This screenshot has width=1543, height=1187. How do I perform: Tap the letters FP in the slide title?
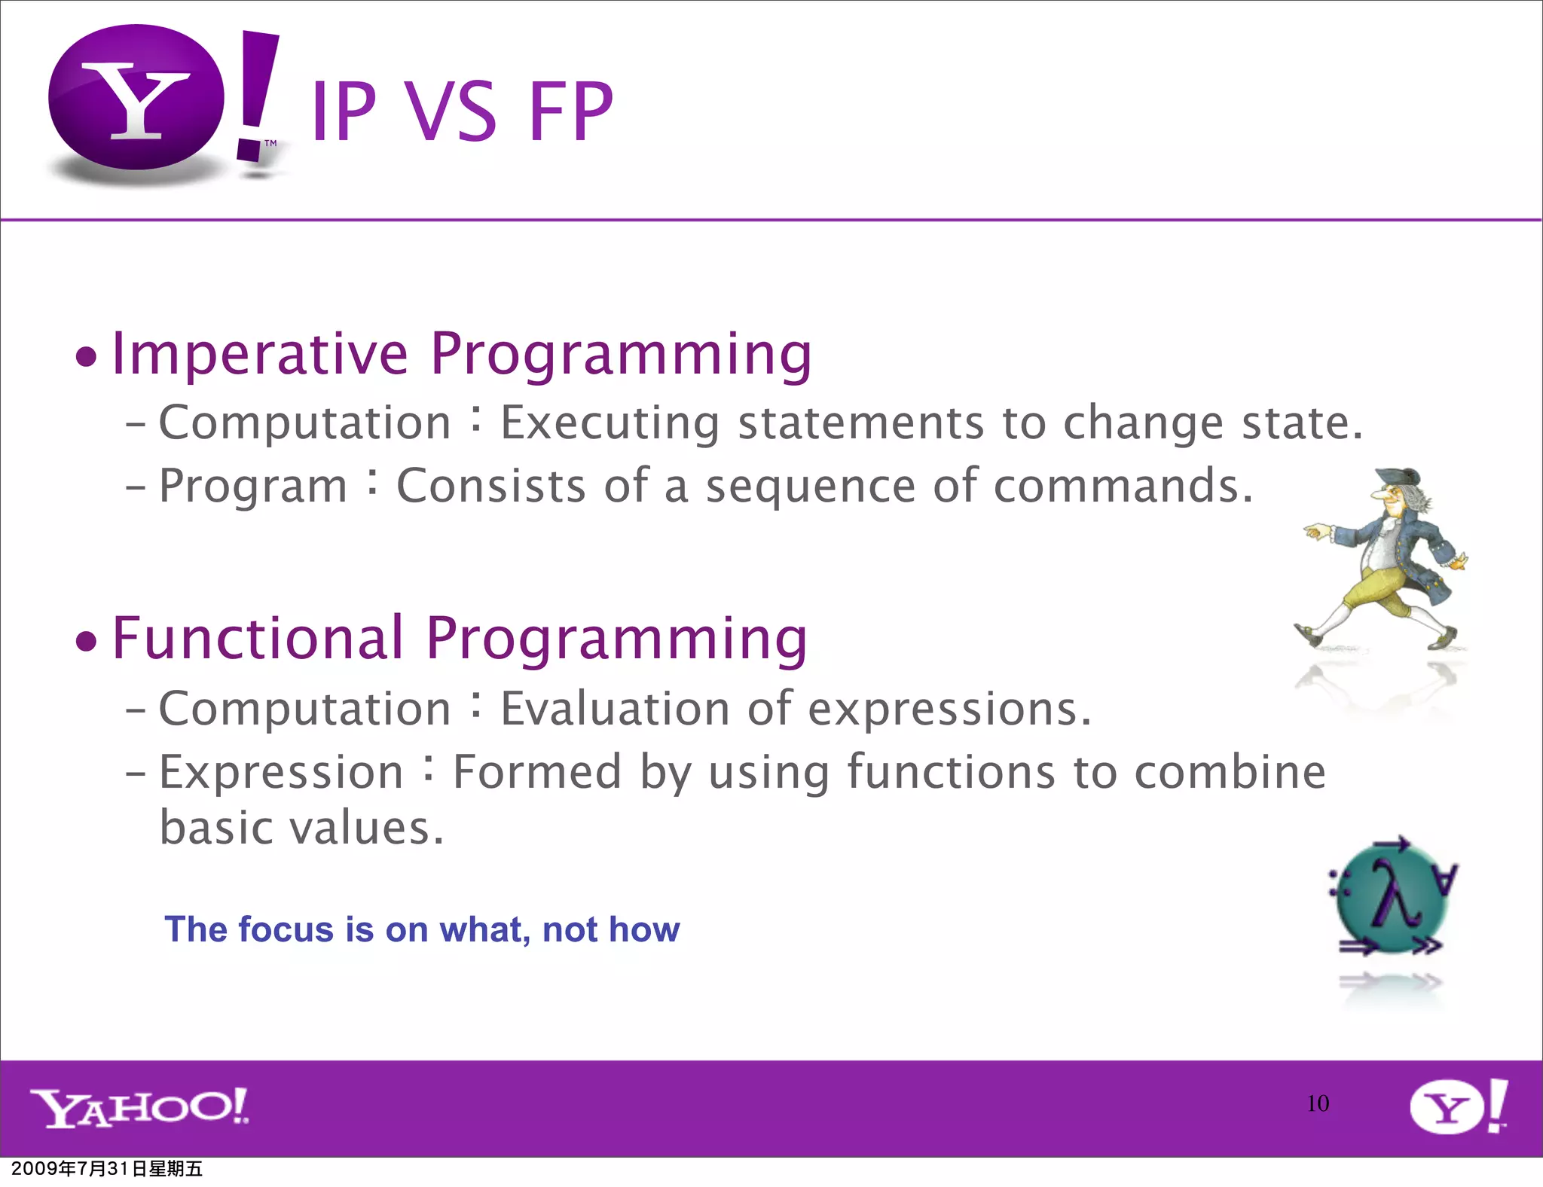point(571,113)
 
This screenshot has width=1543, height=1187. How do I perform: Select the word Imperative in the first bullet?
point(260,354)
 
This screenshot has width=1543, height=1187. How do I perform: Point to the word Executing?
point(610,423)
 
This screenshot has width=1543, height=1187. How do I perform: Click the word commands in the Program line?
point(1123,486)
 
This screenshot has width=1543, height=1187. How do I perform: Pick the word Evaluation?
point(615,709)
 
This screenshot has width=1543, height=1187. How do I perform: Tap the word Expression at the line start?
point(281,773)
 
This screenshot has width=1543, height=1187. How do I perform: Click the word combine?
point(1230,773)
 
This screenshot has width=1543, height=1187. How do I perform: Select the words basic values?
point(301,828)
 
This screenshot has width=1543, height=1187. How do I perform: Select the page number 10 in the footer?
point(1318,1103)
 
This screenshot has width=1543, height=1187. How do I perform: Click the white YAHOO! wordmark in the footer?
point(139,1107)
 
